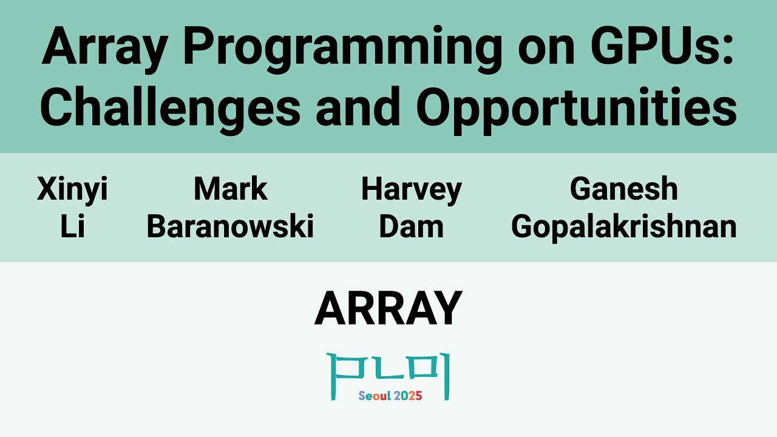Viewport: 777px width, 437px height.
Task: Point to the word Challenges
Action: tap(171, 107)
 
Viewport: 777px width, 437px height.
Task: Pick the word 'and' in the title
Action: tap(358, 107)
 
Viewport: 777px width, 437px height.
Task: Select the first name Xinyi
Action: tap(72, 189)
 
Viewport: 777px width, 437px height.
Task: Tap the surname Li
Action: tap(72, 227)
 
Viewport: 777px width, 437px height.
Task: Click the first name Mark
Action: tap(230, 189)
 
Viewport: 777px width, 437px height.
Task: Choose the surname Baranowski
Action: tap(230, 227)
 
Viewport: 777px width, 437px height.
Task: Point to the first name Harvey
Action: tap(411, 189)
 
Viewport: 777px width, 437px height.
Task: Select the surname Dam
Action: tap(411, 227)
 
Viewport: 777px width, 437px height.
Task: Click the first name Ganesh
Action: tap(623, 189)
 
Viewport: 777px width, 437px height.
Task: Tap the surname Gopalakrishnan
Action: tap(623, 227)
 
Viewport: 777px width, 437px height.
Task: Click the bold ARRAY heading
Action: tap(388, 309)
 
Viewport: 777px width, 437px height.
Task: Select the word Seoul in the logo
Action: tap(374, 396)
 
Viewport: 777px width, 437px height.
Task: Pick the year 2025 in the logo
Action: tap(408, 396)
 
